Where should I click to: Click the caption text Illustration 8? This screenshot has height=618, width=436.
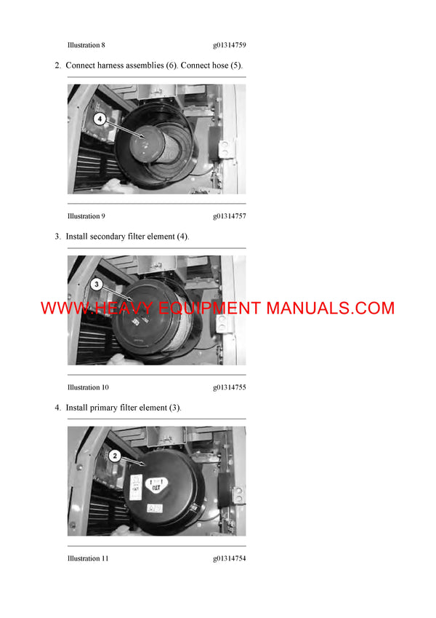(x=86, y=45)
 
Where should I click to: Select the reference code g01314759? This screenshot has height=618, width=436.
(x=229, y=45)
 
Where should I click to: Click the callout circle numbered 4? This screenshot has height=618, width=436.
(x=100, y=118)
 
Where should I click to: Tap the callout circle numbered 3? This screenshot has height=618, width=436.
(x=98, y=284)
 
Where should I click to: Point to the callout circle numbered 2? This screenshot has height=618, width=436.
(x=114, y=456)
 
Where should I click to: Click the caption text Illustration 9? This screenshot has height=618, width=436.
(x=86, y=216)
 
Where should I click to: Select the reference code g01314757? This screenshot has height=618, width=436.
(x=229, y=216)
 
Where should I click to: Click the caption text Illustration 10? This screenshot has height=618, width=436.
(x=88, y=387)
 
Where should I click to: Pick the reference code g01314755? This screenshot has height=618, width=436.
(x=229, y=387)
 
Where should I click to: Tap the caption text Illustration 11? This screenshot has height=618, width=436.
(x=88, y=558)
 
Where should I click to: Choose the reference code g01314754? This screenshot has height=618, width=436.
(x=229, y=558)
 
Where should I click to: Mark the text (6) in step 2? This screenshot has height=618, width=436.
(x=170, y=66)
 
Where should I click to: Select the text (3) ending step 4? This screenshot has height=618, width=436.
(x=174, y=408)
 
